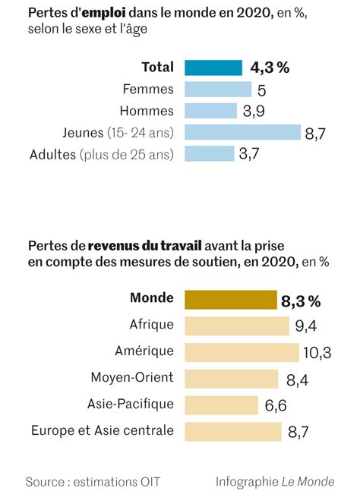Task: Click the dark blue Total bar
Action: [213, 68]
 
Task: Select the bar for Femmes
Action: [218, 90]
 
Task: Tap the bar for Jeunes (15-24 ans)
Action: [242, 132]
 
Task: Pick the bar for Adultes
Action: [210, 154]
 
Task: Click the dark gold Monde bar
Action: [231, 300]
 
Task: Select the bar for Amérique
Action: [242, 353]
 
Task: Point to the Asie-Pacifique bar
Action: [221, 405]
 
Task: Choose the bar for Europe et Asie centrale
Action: [233, 432]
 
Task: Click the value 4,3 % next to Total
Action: [270, 68]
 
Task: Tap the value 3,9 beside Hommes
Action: [254, 111]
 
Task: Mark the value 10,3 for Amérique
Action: [317, 353]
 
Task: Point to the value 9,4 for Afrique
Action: [306, 326]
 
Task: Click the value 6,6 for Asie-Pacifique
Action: [276, 405]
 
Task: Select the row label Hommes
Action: [147, 111]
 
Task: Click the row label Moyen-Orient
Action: [132, 377]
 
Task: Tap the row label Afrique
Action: [152, 324]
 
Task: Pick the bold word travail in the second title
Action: [181, 246]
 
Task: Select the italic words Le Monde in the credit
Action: [308, 482]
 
